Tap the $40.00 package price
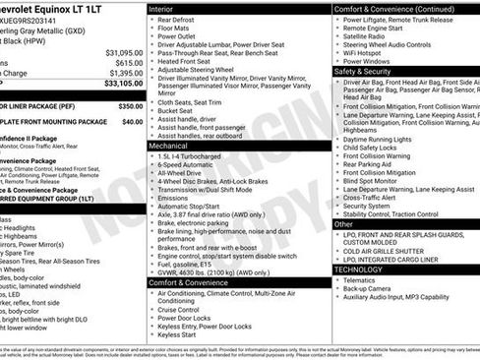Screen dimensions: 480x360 132,122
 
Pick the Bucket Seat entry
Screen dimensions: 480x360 175,112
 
